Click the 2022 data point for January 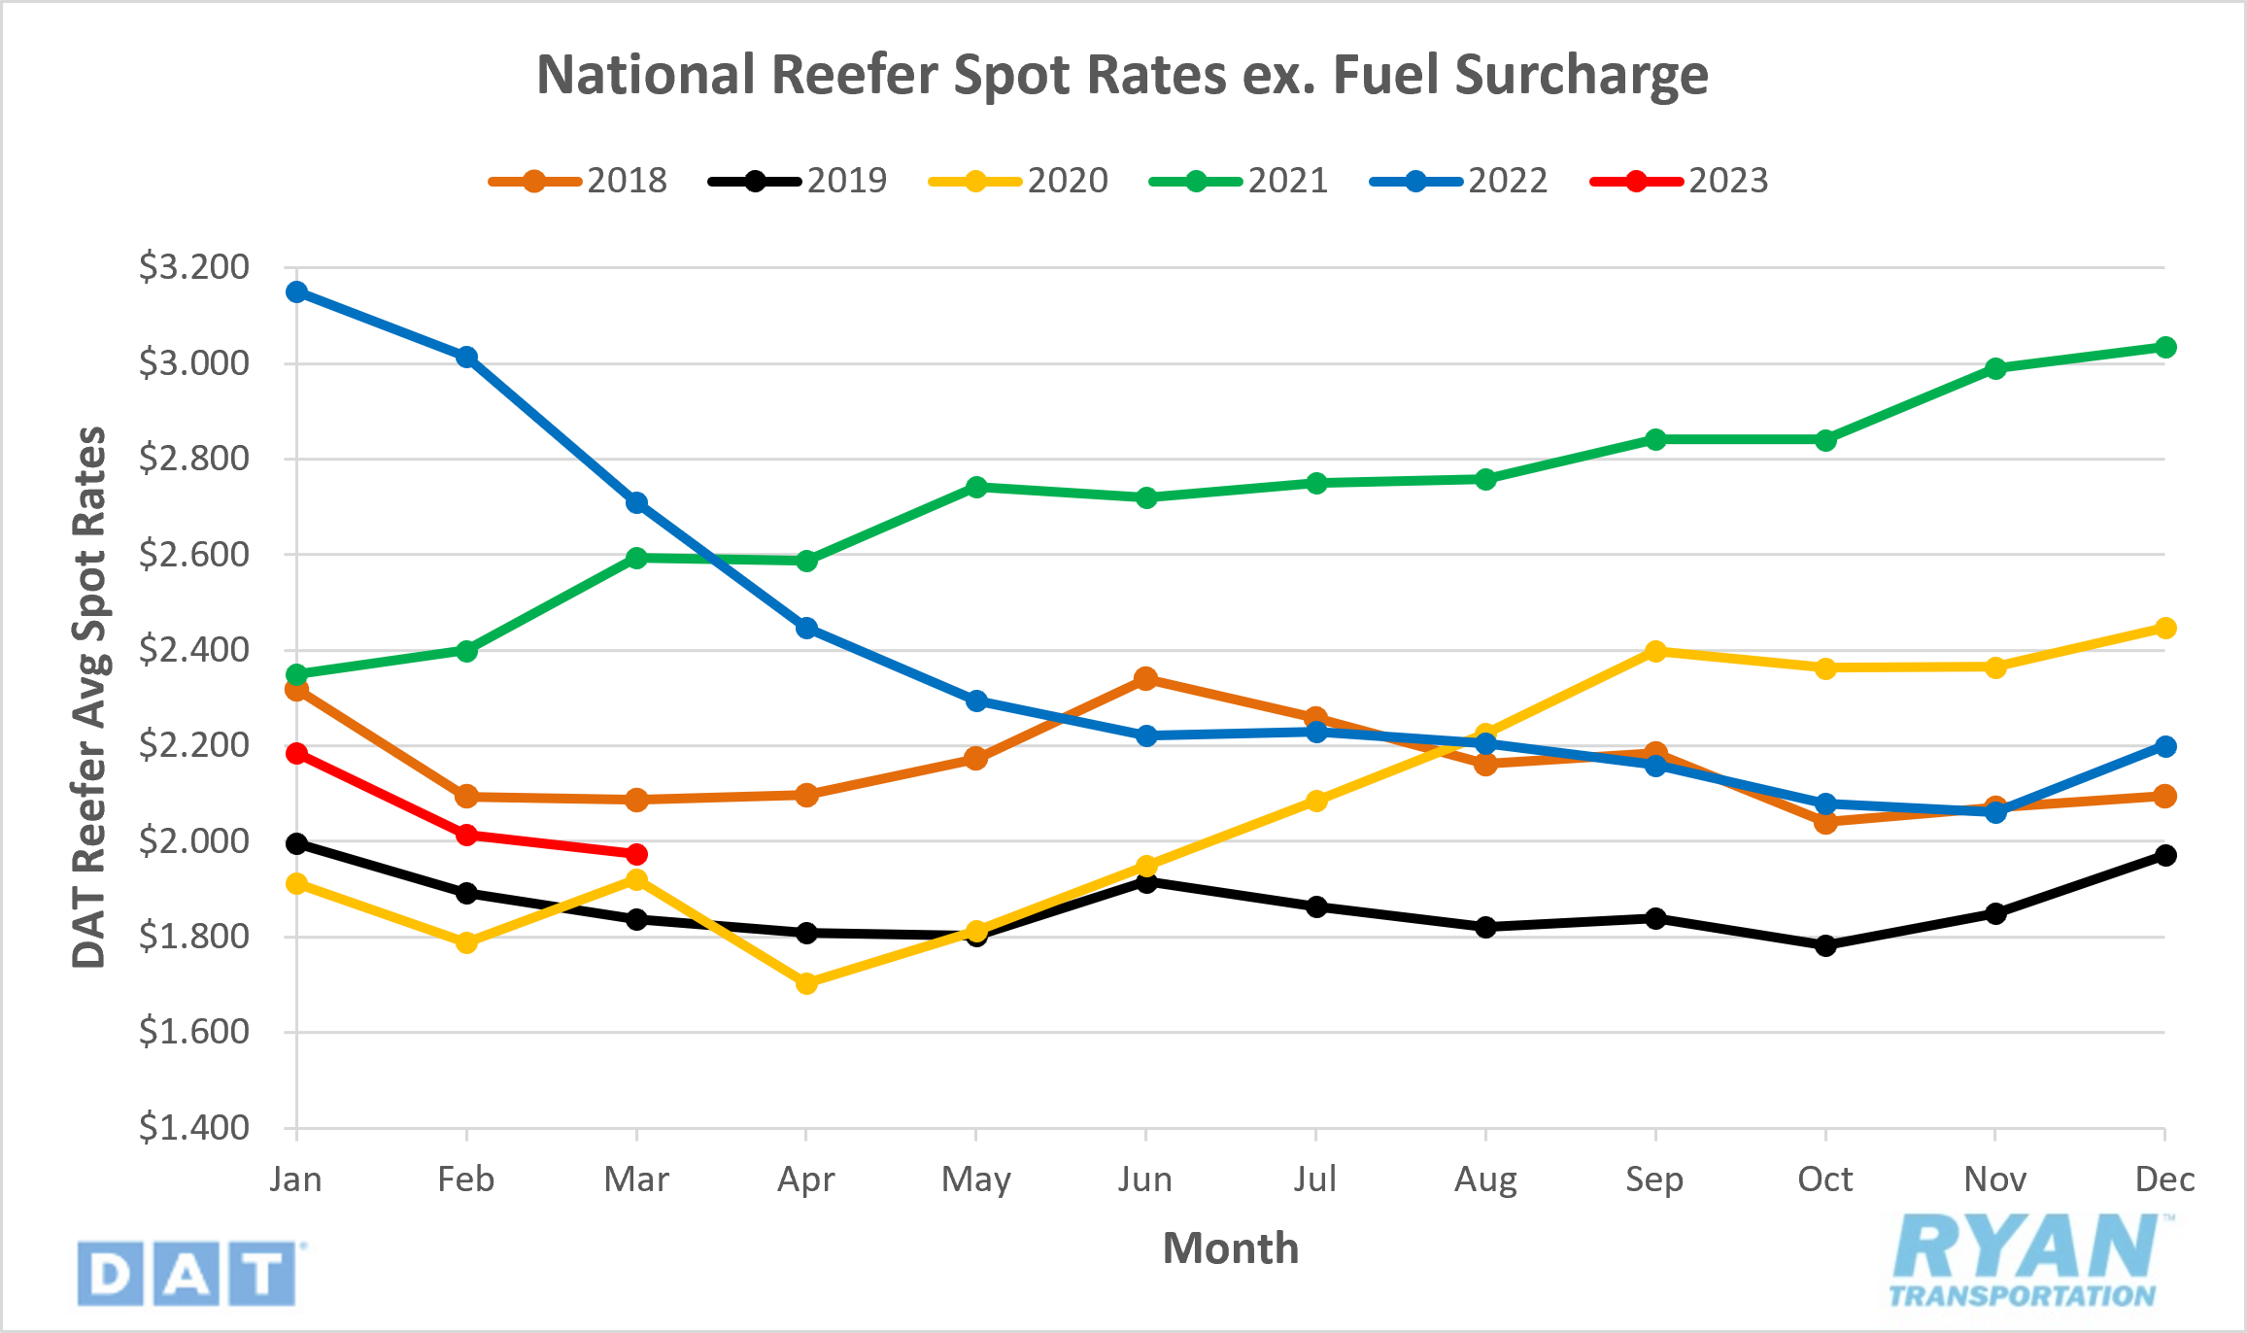[297, 291]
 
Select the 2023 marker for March [636, 855]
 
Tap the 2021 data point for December [2164, 348]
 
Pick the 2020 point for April [806, 983]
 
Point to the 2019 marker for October [1825, 945]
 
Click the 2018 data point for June [1146, 678]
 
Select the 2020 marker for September [1655, 651]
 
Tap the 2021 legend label [1287, 181]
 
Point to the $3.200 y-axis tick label [194, 267]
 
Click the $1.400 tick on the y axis [194, 1128]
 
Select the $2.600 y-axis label [194, 555]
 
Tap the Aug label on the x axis [1485, 1179]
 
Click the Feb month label [466, 1179]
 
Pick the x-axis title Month [1230, 1248]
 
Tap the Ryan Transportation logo [2026, 1260]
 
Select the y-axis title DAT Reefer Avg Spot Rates [89, 698]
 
